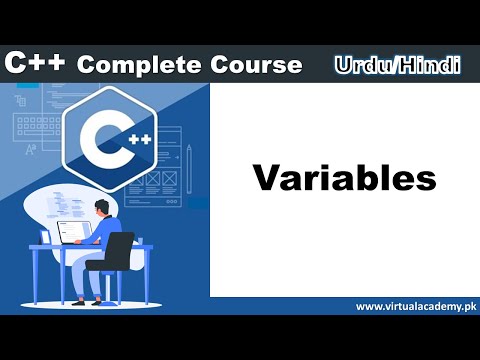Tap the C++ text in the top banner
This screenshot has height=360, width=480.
coord(37,63)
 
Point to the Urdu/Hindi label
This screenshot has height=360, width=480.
coord(397,65)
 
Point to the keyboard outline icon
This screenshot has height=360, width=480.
coord(30,127)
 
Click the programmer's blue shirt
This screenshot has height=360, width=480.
coord(107,228)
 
